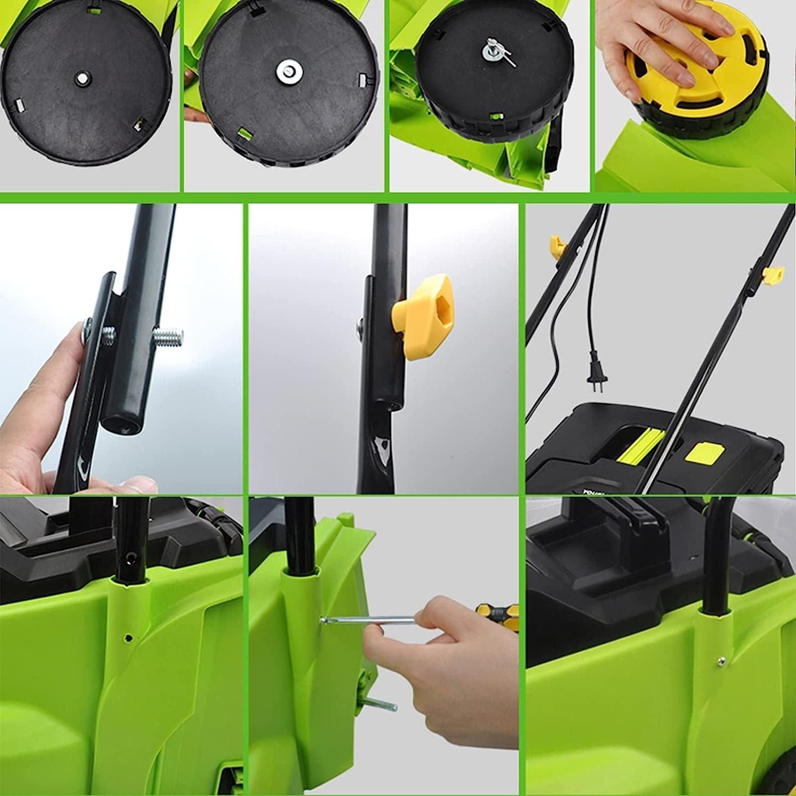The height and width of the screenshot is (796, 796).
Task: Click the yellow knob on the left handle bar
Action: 556,245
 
